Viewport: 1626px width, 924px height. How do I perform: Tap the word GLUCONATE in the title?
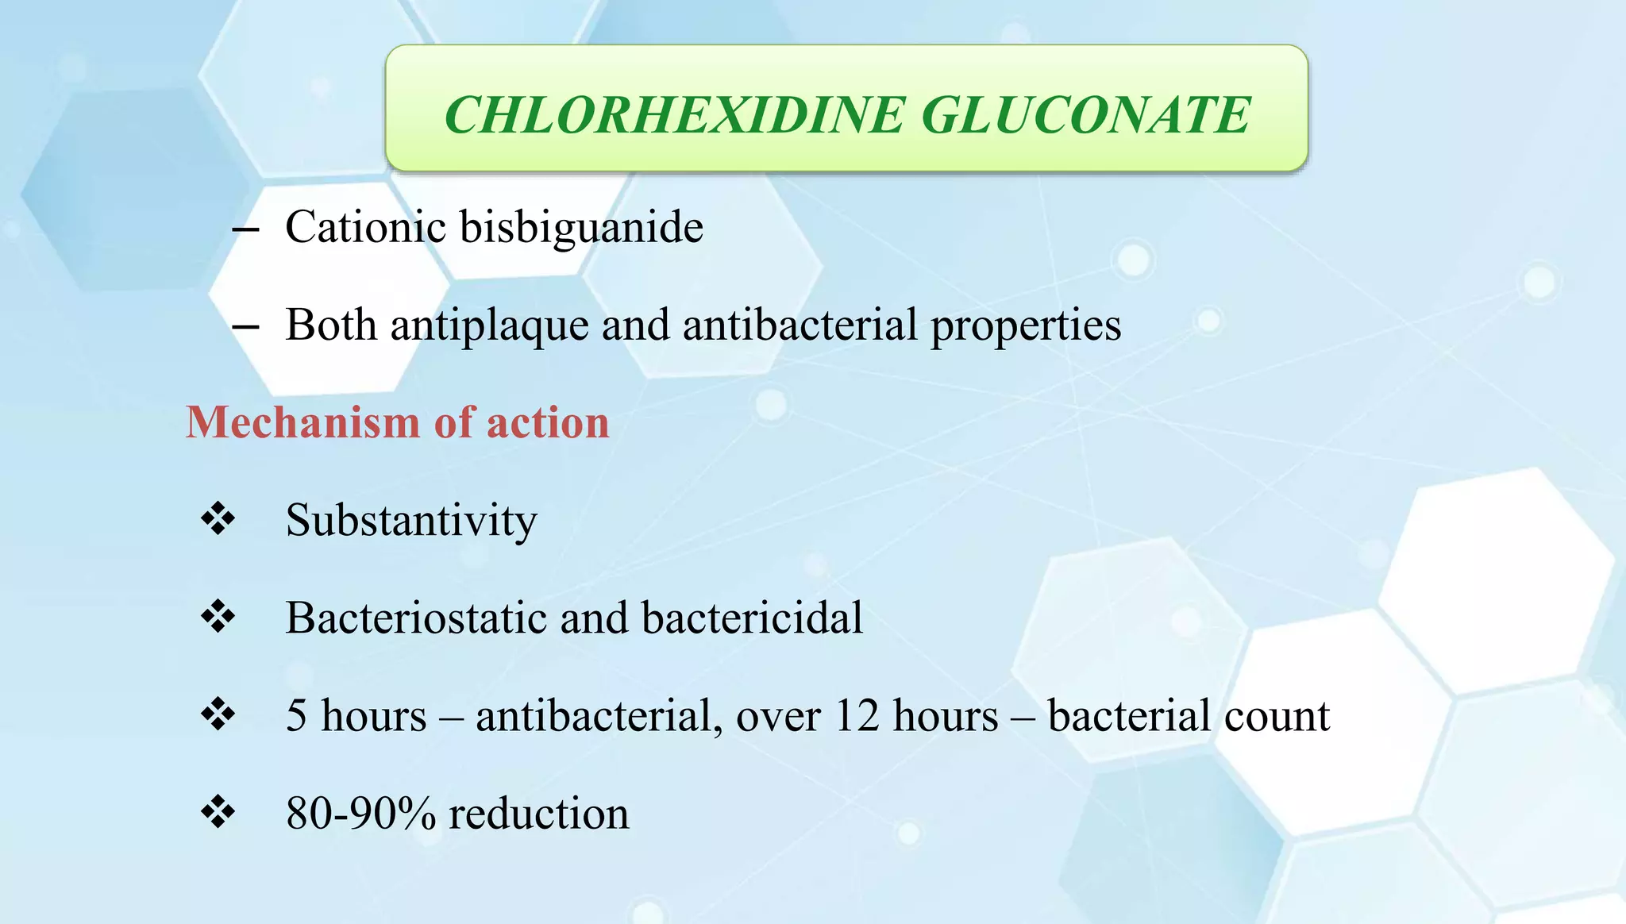[x=1085, y=115]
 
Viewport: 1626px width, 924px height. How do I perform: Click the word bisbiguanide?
[x=581, y=229]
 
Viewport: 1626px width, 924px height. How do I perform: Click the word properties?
[x=1026, y=326]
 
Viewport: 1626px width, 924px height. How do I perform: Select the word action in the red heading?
[x=548, y=422]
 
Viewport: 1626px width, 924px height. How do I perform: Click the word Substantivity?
[x=411, y=522]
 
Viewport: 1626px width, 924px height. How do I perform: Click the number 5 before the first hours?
[x=296, y=715]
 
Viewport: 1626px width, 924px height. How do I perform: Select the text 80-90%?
[x=360, y=814]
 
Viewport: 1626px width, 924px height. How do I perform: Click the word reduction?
[x=539, y=814]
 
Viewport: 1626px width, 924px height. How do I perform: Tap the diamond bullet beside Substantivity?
[x=218, y=519]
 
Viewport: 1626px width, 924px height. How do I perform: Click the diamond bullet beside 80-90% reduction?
[x=218, y=812]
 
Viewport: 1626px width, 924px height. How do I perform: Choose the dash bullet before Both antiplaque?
[x=246, y=327]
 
